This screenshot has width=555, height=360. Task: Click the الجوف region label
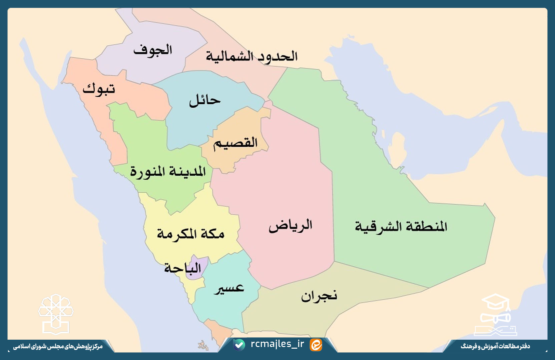tap(152, 50)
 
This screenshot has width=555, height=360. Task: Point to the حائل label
tap(205, 100)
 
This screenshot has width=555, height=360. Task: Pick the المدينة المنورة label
tap(168, 171)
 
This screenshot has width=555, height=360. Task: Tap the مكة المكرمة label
tap(190, 234)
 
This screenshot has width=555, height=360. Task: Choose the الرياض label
tap(291, 226)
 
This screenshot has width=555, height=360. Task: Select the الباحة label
tap(182, 268)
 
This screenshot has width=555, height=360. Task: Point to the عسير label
tap(229, 289)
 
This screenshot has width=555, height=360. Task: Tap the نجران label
tap(319, 296)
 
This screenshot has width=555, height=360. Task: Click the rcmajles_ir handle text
tap(277, 344)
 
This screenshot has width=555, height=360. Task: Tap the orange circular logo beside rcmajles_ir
tap(316, 345)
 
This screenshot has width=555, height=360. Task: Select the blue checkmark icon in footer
tap(239, 345)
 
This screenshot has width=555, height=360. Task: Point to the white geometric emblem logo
tap(56, 314)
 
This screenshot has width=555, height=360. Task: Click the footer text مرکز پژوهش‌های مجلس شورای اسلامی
tap(58, 347)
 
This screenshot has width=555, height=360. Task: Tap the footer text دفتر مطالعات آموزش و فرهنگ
tap(495, 346)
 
